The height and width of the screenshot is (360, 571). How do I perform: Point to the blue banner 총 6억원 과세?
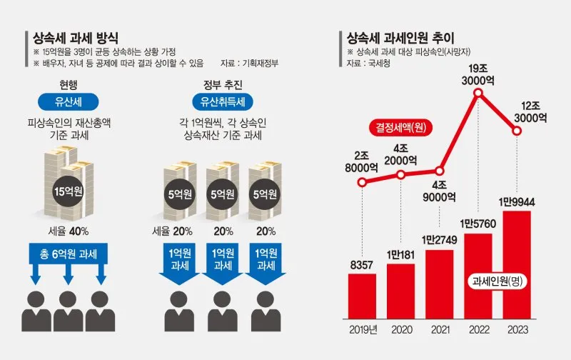(x=69, y=254)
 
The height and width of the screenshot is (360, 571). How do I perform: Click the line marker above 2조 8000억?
(x=362, y=182)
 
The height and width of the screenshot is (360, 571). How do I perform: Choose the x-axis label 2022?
(x=482, y=331)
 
